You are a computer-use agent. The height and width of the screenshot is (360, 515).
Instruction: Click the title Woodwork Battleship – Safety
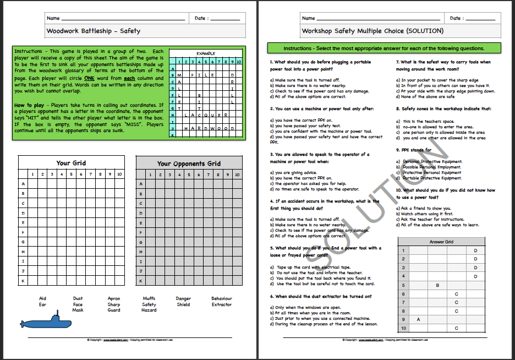pyautogui.click(x=94, y=31)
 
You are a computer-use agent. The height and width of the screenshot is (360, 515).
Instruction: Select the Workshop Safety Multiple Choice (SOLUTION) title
pyautogui.click(x=372, y=31)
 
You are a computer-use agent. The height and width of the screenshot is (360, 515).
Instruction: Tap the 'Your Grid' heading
pyautogui.click(x=71, y=163)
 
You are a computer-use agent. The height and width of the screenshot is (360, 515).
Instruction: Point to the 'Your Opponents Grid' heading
pyautogui.click(x=189, y=163)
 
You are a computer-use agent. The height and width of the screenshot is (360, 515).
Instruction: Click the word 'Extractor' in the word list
pyautogui.click(x=221, y=304)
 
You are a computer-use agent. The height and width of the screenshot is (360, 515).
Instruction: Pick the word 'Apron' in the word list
pyautogui.click(x=114, y=298)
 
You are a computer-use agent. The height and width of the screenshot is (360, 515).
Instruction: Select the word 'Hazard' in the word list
pyautogui.click(x=149, y=310)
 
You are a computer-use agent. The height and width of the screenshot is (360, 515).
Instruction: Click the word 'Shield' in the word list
pyautogui.click(x=183, y=304)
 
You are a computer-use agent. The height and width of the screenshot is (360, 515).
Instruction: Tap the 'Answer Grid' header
pyautogui.click(x=441, y=242)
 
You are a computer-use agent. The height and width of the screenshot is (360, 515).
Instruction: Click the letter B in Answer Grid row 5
pyautogui.click(x=437, y=285)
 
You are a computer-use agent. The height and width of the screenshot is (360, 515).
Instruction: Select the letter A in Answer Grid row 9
pyautogui.click(x=419, y=319)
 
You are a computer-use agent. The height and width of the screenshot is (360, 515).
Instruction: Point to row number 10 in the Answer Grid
pyautogui.click(x=403, y=328)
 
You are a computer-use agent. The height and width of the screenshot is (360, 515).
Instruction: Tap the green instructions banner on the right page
pyautogui.click(x=383, y=48)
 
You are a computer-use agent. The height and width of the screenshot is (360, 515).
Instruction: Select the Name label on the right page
pyautogui.click(x=309, y=18)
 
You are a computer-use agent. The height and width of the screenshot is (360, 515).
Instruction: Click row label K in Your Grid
pyautogui.click(x=23, y=280)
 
